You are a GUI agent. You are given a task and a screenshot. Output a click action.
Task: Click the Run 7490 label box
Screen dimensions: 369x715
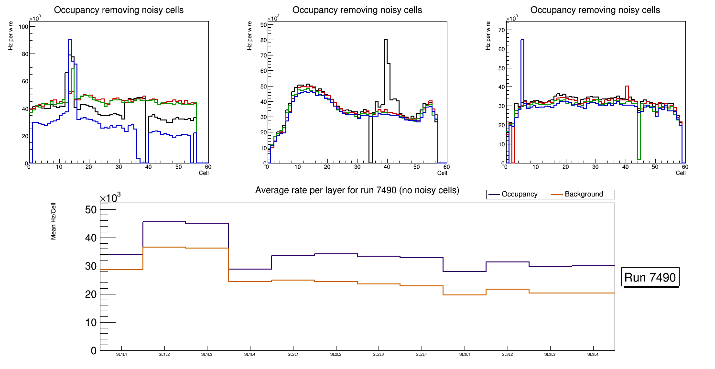coord(650,277)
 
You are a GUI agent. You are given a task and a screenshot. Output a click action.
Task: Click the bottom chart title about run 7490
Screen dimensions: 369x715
coord(357,190)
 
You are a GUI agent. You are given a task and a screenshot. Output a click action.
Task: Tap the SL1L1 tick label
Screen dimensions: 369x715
coord(121,354)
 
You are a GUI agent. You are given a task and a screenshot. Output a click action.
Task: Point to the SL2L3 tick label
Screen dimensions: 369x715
coord(379,354)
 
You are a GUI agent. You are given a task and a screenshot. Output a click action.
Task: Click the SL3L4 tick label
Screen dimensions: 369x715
coord(593,354)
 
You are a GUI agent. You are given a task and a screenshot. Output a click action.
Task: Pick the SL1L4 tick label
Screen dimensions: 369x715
coord(250,354)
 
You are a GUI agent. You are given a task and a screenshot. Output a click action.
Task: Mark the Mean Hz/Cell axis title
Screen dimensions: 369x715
coord(54,223)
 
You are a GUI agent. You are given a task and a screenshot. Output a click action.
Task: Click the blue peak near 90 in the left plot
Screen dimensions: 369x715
coord(70,40)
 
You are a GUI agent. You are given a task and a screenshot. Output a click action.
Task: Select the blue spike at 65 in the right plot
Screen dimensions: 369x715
coord(522,40)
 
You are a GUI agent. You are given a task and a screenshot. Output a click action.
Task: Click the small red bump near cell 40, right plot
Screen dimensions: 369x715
coord(627,87)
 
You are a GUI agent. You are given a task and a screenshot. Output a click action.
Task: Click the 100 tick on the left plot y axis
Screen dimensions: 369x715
coord(22,27)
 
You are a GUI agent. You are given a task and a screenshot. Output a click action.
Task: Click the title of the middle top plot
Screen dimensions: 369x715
coord(357,10)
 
